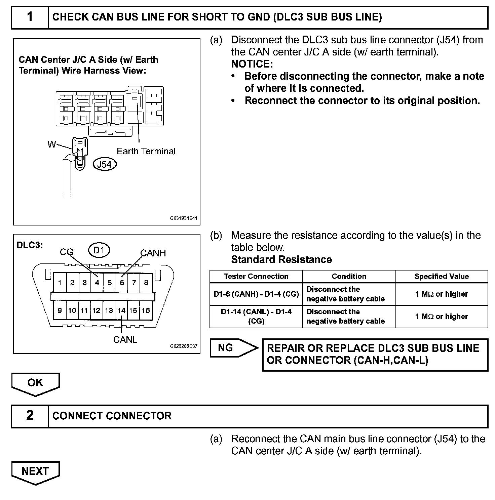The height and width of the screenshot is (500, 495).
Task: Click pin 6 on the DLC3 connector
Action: (122, 283)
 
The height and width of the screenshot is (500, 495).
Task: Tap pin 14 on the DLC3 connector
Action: (121, 310)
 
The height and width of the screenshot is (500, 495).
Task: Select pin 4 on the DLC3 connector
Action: (97, 283)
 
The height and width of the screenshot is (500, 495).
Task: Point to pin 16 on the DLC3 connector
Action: (146, 310)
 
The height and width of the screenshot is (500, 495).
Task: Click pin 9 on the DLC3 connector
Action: (60, 310)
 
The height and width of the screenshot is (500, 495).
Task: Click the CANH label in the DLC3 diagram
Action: (153, 253)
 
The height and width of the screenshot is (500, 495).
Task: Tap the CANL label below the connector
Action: (125, 340)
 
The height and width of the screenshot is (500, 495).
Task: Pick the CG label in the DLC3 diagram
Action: (66, 252)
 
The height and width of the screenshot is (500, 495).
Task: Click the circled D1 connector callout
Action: (99, 250)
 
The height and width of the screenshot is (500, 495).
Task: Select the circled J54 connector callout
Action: (104, 164)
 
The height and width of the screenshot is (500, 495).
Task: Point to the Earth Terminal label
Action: (146, 151)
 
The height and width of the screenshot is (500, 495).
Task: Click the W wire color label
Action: (51, 144)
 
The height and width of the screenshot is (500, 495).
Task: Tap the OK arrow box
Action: (35, 383)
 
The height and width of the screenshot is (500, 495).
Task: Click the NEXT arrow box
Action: (35, 471)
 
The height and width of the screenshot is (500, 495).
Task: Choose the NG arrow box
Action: (229, 348)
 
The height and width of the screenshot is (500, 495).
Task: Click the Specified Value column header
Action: (441, 277)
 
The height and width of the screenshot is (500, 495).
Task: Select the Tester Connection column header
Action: (256, 277)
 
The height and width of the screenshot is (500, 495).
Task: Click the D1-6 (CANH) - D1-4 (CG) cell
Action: (256, 294)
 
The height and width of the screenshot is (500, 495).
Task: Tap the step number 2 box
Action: (30, 416)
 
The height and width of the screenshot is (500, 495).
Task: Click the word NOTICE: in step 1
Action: (252, 64)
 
